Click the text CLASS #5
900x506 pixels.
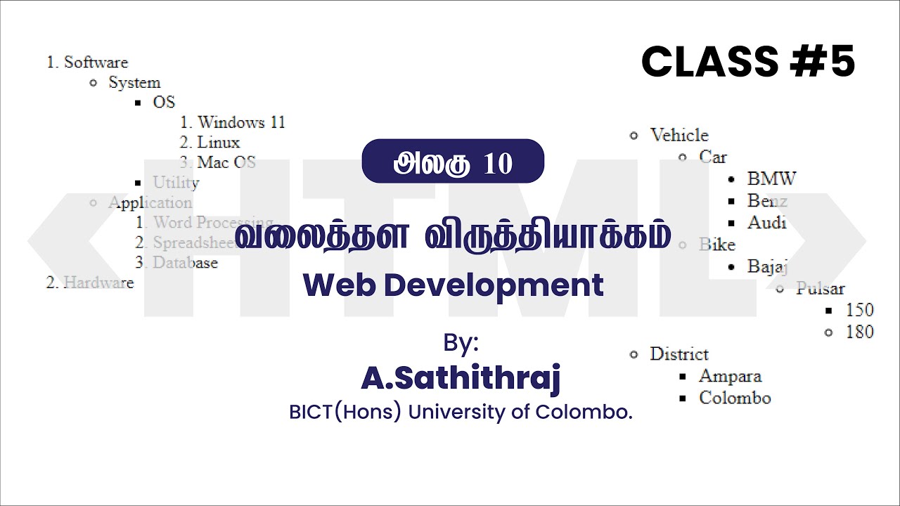pos(748,62)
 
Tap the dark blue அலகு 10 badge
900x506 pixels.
pos(453,162)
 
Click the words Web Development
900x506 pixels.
pos(453,285)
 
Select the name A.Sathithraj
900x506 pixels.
pos(461,378)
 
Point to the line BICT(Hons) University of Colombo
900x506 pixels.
pos(461,412)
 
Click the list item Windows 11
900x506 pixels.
pos(241,122)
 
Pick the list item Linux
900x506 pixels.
pos(218,143)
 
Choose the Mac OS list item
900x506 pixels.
pos(226,162)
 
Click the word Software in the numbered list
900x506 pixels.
pos(96,62)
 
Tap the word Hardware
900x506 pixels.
pos(98,283)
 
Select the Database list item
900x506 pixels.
pos(185,263)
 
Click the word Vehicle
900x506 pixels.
pos(679,135)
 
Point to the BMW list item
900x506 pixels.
pos(771,179)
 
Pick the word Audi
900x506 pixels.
pos(766,223)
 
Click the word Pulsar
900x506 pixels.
pos(820,289)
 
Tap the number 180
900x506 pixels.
pos(859,332)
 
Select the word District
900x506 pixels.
pos(679,353)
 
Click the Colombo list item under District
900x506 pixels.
pos(735,398)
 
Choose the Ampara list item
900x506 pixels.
pos(730,376)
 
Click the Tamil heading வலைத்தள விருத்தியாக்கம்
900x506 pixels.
pos(453,236)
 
